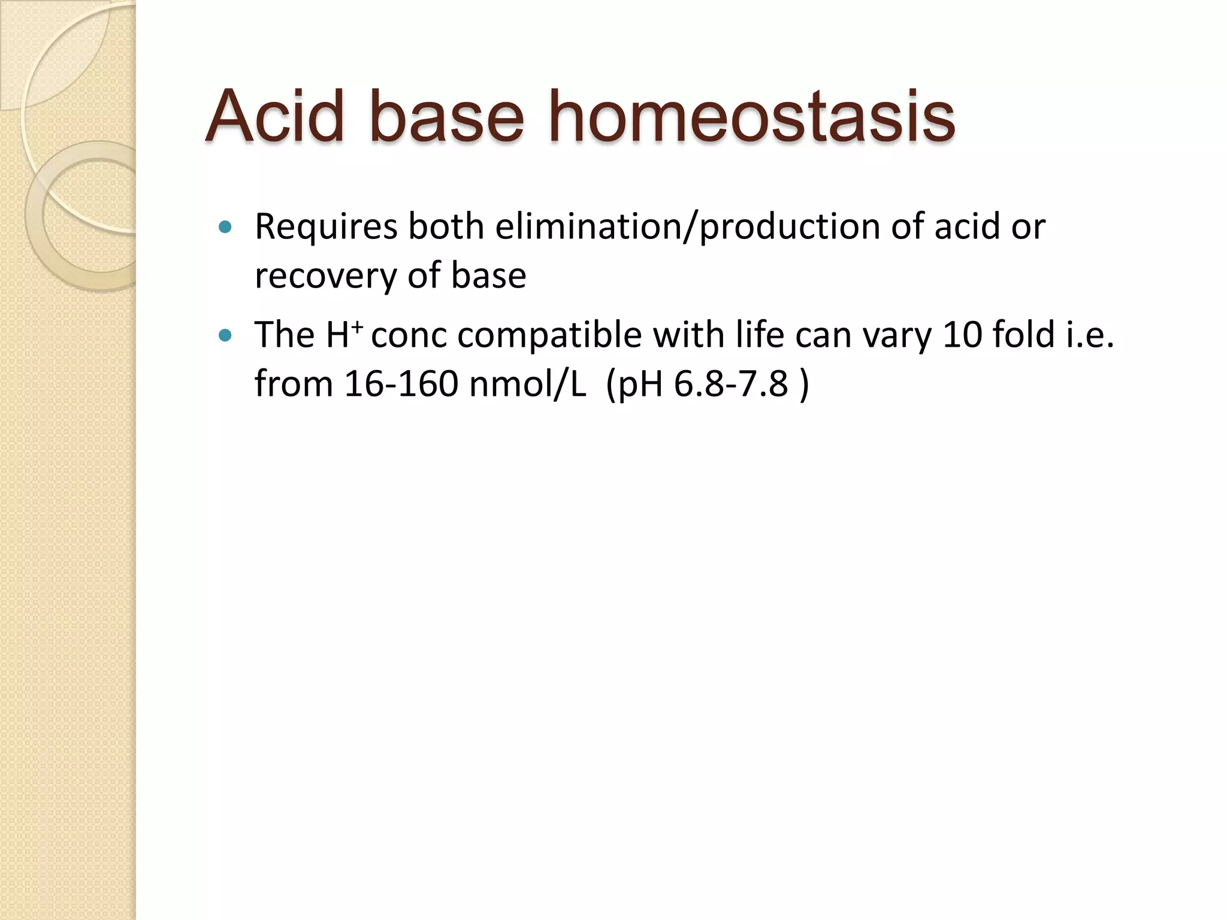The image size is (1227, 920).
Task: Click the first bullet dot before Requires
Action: [225, 227]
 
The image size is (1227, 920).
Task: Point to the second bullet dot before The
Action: [225, 335]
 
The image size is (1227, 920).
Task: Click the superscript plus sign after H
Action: [357, 326]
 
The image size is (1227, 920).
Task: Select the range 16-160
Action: [401, 383]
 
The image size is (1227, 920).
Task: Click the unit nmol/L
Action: [528, 383]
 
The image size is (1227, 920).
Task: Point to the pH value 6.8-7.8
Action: [731, 383]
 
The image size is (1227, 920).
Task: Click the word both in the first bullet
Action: [446, 227]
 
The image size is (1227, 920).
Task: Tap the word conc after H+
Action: [409, 335]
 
